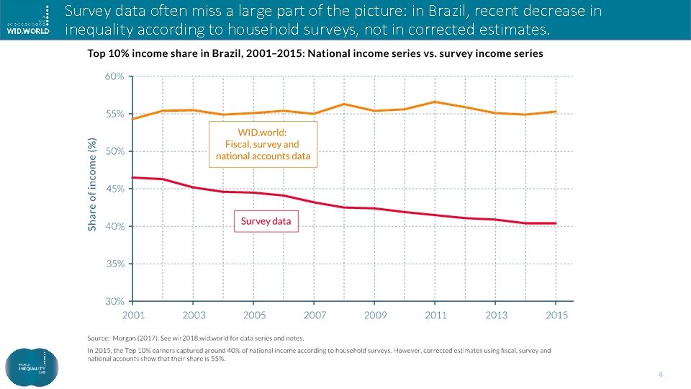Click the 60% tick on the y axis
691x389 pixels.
pyautogui.click(x=115, y=76)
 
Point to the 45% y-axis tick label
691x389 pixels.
pyautogui.click(x=115, y=189)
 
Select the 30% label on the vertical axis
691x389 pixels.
pyautogui.click(x=115, y=301)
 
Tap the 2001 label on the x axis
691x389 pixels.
pyautogui.click(x=133, y=316)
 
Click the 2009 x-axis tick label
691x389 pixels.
pyautogui.click(x=375, y=316)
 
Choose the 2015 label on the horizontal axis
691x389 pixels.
pyautogui.click(x=556, y=316)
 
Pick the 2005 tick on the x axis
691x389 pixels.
pyautogui.click(x=254, y=316)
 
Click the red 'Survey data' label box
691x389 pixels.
pyautogui.click(x=266, y=220)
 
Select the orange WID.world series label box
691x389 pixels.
pyautogui.click(x=263, y=144)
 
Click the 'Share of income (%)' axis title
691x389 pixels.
pyautogui.click(x=92, y=185)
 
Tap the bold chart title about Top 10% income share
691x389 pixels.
pyautogui.click(x=315, y=54)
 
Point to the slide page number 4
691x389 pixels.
pyautogui.click(x=659, y=375)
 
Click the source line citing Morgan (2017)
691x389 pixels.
pyautogui.click(x=196, y=338)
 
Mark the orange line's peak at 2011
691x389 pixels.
pyautogui.click(x=435, y=102)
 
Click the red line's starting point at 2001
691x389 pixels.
pyautogui.click(x=133, y=177)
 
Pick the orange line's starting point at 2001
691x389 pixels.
pyautogui.click(x=133, y=119)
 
